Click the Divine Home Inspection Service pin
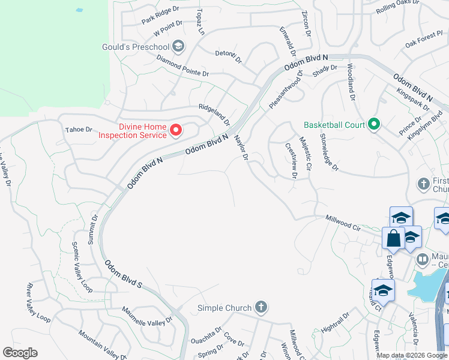[176, 130]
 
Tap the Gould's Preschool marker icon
[178, 46]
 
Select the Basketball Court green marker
[374, 125]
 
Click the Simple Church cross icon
[261, 308]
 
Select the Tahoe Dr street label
[79, 129]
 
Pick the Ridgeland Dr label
[214, 112]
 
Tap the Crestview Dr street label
[291, 161]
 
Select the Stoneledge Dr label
[330, 152]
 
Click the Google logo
[19, 353]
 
